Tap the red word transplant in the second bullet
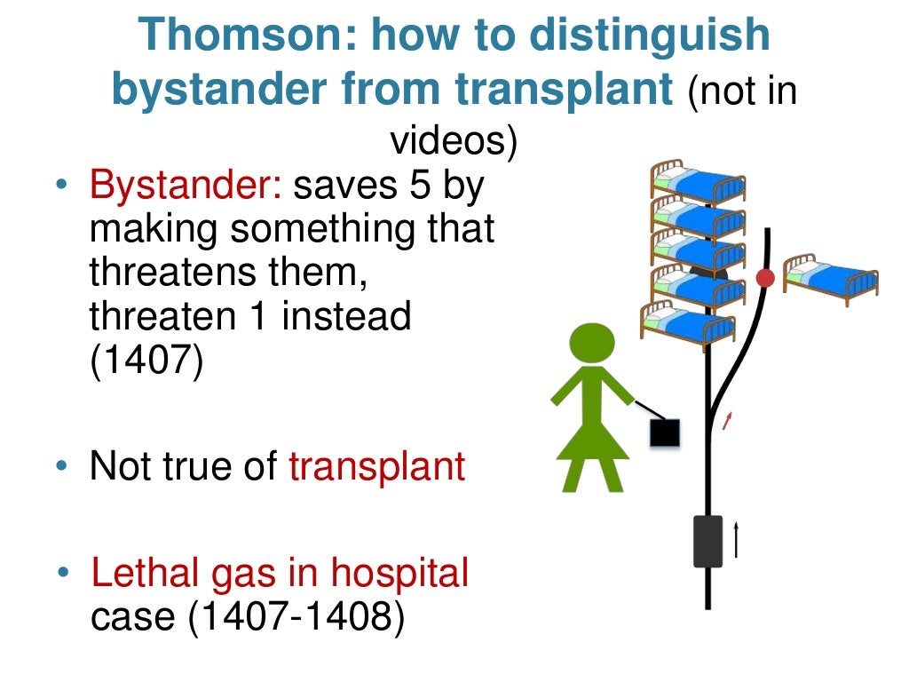tap(377, 466)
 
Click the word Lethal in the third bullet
tap(145, 574)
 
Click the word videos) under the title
tap(454, 142)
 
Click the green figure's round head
tap(591, 344)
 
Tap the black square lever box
tap(665, 432)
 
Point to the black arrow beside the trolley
tap(736, 539)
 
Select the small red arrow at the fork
tap(728, 420)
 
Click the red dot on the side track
tap(765, 279)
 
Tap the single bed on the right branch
tap(831, 278)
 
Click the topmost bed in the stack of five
tap(698, 181)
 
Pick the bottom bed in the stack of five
tap(688, 321)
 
